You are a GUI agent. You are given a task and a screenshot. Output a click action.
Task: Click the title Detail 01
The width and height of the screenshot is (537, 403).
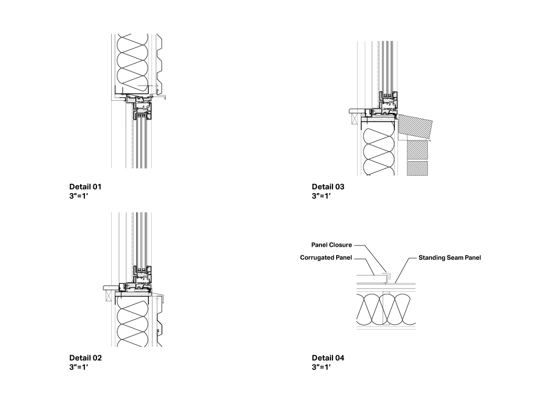click(x=85, y=187)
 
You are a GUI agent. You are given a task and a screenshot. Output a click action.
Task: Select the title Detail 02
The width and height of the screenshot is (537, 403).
click(x=85, y=358)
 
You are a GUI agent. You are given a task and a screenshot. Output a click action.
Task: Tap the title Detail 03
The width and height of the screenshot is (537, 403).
click(x=328, y=187)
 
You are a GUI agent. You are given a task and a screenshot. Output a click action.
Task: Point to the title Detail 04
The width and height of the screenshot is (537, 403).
click(x=328, y=358)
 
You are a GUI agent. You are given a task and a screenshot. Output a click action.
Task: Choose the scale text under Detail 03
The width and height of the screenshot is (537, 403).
click(x=321, y=196)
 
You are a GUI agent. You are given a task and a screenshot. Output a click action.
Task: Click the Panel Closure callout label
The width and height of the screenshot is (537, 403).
click(x=331, y=245)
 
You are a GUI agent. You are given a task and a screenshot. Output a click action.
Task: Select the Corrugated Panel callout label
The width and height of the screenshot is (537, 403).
click(x=326, y=258)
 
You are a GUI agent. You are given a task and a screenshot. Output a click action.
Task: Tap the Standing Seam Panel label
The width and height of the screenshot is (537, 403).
click(x=449, y=258)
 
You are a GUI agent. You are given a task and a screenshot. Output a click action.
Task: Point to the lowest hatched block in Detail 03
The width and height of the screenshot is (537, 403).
click(x=417, y=168)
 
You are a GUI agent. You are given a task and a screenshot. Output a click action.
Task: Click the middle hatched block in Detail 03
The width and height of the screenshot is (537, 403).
click(x=417, y=150)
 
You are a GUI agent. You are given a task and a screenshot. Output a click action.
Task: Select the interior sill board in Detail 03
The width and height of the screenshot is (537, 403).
click(x=359, y=111)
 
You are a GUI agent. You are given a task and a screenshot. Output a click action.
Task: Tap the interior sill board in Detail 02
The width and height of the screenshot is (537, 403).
click(x=111, y=287)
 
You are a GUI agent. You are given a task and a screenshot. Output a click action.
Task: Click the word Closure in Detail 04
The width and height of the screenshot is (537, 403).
click(x=340, y=245)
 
